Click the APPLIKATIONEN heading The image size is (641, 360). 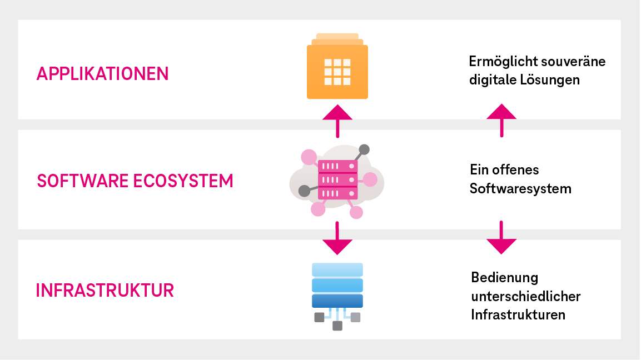pos(102,74)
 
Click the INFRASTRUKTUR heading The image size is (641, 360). pos(105,291)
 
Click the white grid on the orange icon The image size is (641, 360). pos(337,72)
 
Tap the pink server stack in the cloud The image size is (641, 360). pos(337,179)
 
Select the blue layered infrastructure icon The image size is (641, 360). pos(337,286)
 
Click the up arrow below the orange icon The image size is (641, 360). pos(337,119)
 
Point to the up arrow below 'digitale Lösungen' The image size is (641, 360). pos(501,119)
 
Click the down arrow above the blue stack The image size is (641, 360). pos(337,239)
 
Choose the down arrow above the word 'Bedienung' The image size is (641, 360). pos(501,238)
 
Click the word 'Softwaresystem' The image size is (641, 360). pos(520,189)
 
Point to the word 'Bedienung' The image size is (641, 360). pos(505,277)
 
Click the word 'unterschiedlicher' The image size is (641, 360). pos(525,296)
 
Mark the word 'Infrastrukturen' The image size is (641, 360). pos(518,315)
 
